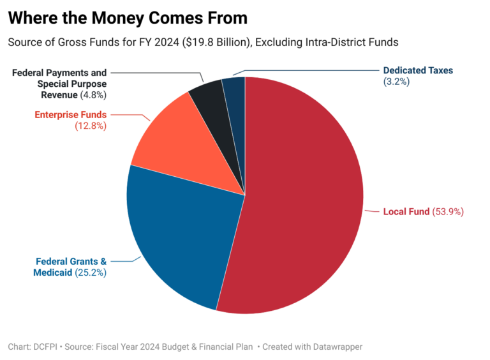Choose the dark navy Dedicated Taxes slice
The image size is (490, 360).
click(x=235, y=96)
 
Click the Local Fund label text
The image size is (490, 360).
click(x=406, y=211)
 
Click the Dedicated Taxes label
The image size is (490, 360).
click(x=418, y=70)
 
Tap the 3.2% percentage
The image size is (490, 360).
click(x=396, y=82)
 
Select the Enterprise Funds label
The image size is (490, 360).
click(x=70, y=115)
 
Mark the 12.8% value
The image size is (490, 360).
click(x=91, y=126)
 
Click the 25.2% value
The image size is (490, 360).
click(x=90, y=273)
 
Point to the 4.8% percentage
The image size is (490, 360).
click(x=93, y=95)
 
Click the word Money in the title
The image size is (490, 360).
click(x=110, y=18)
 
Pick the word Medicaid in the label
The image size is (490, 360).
click(x=53, y=273)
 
